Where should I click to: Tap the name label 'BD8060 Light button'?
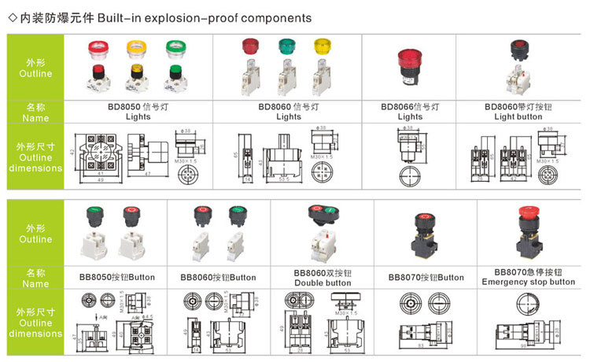518,111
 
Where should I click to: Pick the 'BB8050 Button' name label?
117,277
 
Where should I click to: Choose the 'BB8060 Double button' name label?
322,277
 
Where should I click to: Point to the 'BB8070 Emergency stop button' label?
528,276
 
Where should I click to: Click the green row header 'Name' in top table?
35,111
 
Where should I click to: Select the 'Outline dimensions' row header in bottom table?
35,323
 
